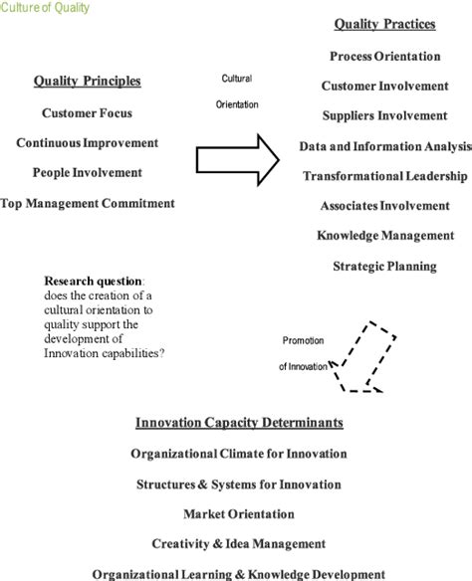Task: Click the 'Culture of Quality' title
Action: click(45, 7)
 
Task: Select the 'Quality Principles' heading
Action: click(88, 81)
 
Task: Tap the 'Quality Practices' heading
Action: click(384, 24)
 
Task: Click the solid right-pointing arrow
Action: click(237, 160)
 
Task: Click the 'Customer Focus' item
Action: click(87, 113)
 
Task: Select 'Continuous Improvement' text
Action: click(88, 143)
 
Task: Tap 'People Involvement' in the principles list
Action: click(88, 173)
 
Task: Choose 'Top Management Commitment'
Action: click(88, 203)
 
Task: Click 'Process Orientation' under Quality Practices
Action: click(385, 57)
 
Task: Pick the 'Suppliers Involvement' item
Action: click(384, 115)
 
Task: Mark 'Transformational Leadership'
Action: click(384, 176)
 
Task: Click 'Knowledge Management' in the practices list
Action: click(385, 236)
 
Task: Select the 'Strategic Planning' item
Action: click(384, 266)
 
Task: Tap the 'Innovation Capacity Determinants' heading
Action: click(239, 423)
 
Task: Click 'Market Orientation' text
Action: click(239, 514)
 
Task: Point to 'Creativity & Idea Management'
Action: click(239, 544)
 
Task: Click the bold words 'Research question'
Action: click(93, 282)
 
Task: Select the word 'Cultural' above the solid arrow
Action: click(237, 79)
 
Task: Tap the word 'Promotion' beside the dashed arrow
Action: click(303, 340)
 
